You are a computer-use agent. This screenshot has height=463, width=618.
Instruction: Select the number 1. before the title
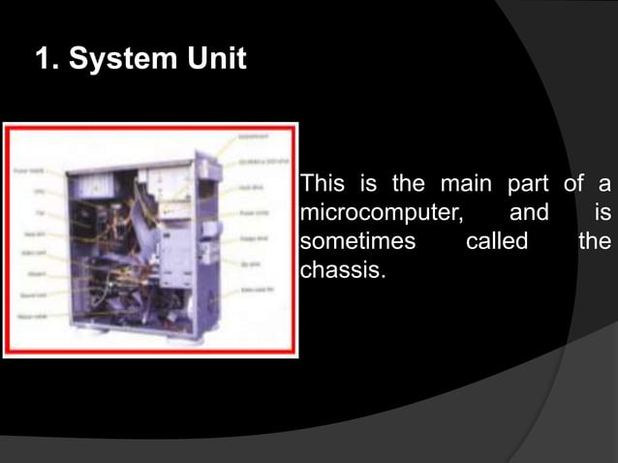click(46, 60)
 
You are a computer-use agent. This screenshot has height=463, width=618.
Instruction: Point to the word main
click(468, 183)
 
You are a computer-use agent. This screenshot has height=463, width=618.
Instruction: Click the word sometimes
click(357, 240)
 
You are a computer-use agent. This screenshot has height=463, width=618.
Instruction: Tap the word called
click(496, 240)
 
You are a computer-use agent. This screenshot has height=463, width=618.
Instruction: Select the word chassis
click(343, 268)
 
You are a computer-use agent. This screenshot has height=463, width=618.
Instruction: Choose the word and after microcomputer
click(529, 211)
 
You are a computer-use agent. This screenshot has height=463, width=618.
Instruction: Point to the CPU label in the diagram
click(40, 192)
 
